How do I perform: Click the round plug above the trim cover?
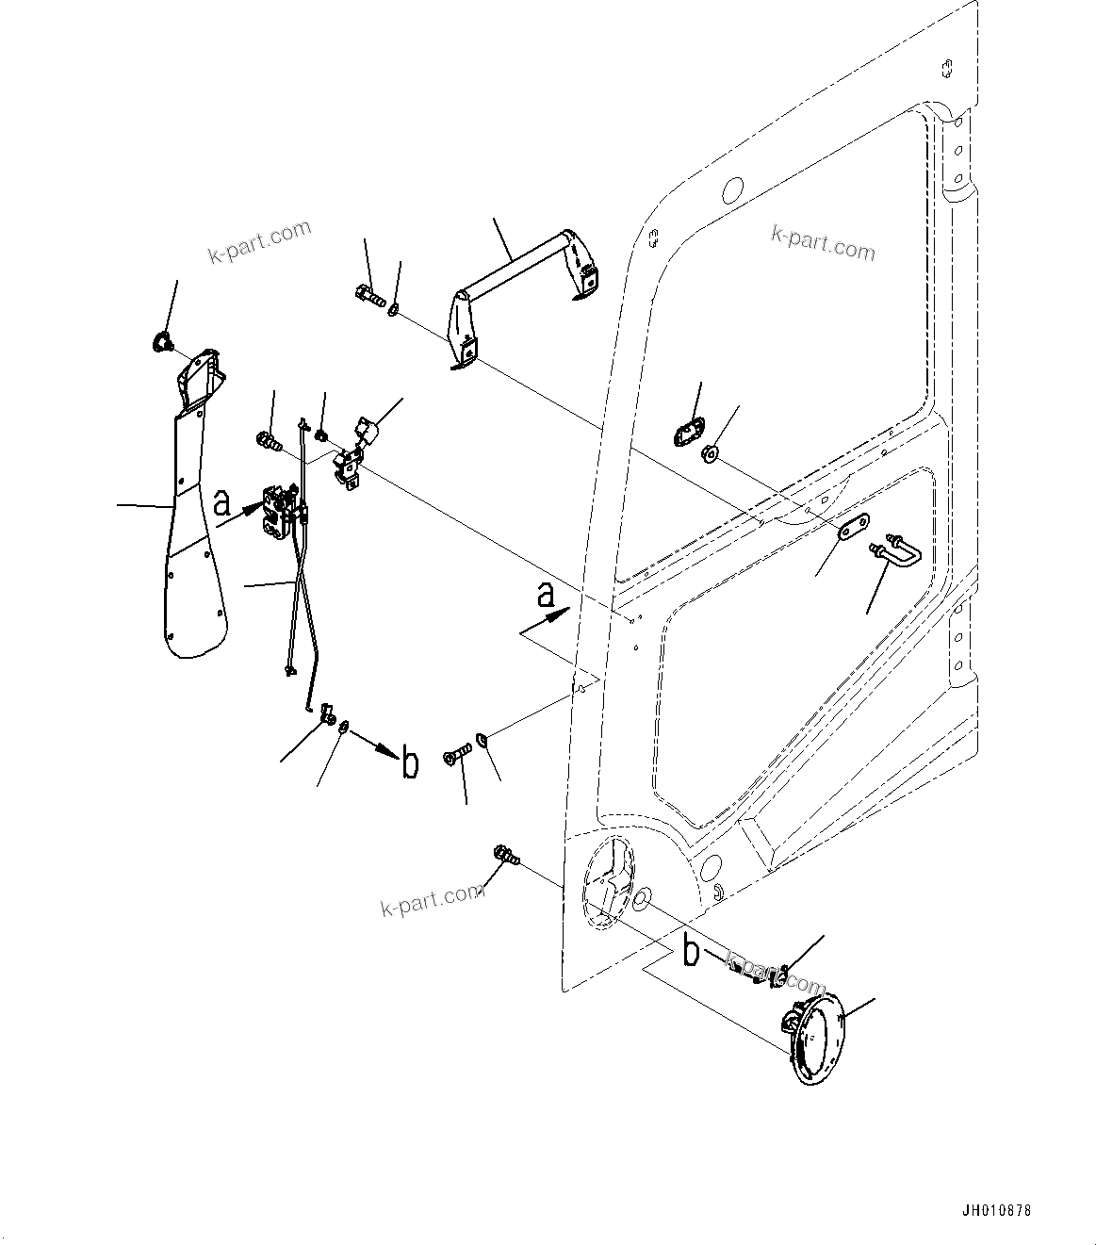pos(160,342)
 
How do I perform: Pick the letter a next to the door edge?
pos(544,596)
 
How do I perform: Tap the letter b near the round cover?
pos(691,953)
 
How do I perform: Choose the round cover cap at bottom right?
pos(811,1041)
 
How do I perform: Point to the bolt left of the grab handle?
pos(368,296)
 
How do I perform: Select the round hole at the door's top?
pos(732,190)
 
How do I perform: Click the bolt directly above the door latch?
pos(269,438)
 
